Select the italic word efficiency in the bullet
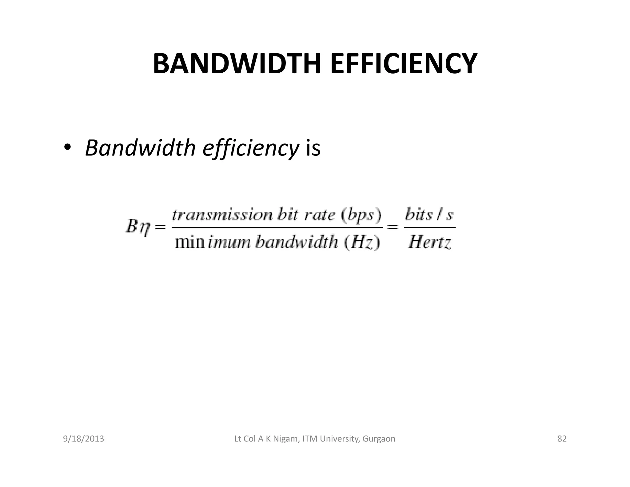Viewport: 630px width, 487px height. point(250,148)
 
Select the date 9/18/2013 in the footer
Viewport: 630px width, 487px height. point(83,439)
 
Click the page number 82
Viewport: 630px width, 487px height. point(562,439)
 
